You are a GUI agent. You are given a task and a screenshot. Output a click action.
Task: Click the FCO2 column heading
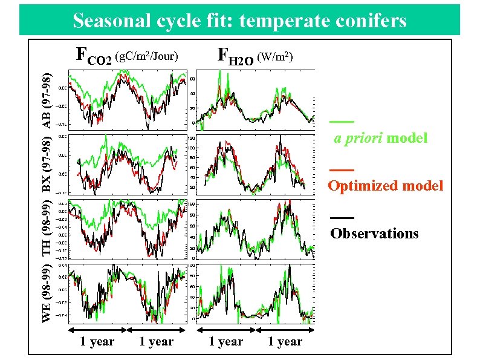click(x=93, y=57)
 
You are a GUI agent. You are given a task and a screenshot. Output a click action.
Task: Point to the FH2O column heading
click(x=236, y=57)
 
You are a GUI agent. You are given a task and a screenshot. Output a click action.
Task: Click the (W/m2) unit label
click(x=275, y=57)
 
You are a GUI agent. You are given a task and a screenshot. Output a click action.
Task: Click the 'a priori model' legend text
click(x=381, y=139)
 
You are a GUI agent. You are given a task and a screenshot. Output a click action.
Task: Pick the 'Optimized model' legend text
click(x=385, y=186)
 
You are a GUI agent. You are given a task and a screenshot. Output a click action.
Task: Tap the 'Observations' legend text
click(x=374, y=234)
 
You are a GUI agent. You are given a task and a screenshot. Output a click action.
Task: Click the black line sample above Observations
click(x=342, y=217)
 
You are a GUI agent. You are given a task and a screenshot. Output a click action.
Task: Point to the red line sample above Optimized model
click(x=342, y=169)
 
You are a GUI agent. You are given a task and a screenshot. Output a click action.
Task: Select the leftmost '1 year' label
click(x=97, y=342)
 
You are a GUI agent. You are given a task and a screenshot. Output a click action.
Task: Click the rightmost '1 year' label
click(x=285, y=342)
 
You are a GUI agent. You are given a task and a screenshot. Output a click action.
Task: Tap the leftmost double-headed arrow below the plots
click(x=97, y=330)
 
